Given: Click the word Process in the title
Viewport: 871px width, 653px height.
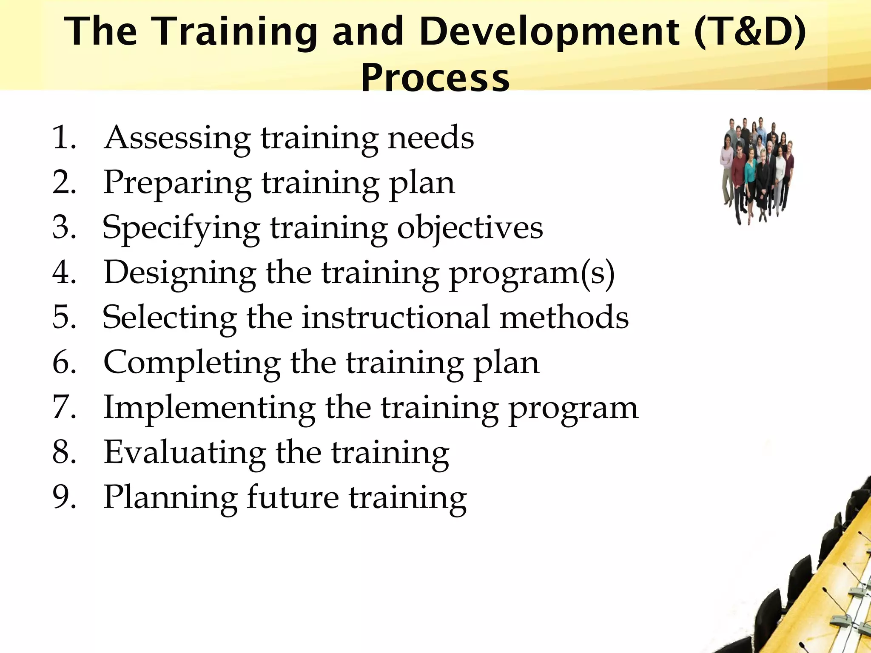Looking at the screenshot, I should (435, 77).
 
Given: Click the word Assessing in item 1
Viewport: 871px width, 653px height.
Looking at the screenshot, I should (177, 139).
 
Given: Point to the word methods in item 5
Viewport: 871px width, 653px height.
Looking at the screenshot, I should (564, 317).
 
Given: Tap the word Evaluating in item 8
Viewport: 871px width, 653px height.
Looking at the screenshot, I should (185, 452).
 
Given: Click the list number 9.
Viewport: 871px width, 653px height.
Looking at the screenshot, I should (64, 497).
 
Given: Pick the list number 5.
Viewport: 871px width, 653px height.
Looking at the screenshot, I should (64, 317).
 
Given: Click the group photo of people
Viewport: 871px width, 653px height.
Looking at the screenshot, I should (757, 170).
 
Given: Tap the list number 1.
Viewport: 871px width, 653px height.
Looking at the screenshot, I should (64, 138).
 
